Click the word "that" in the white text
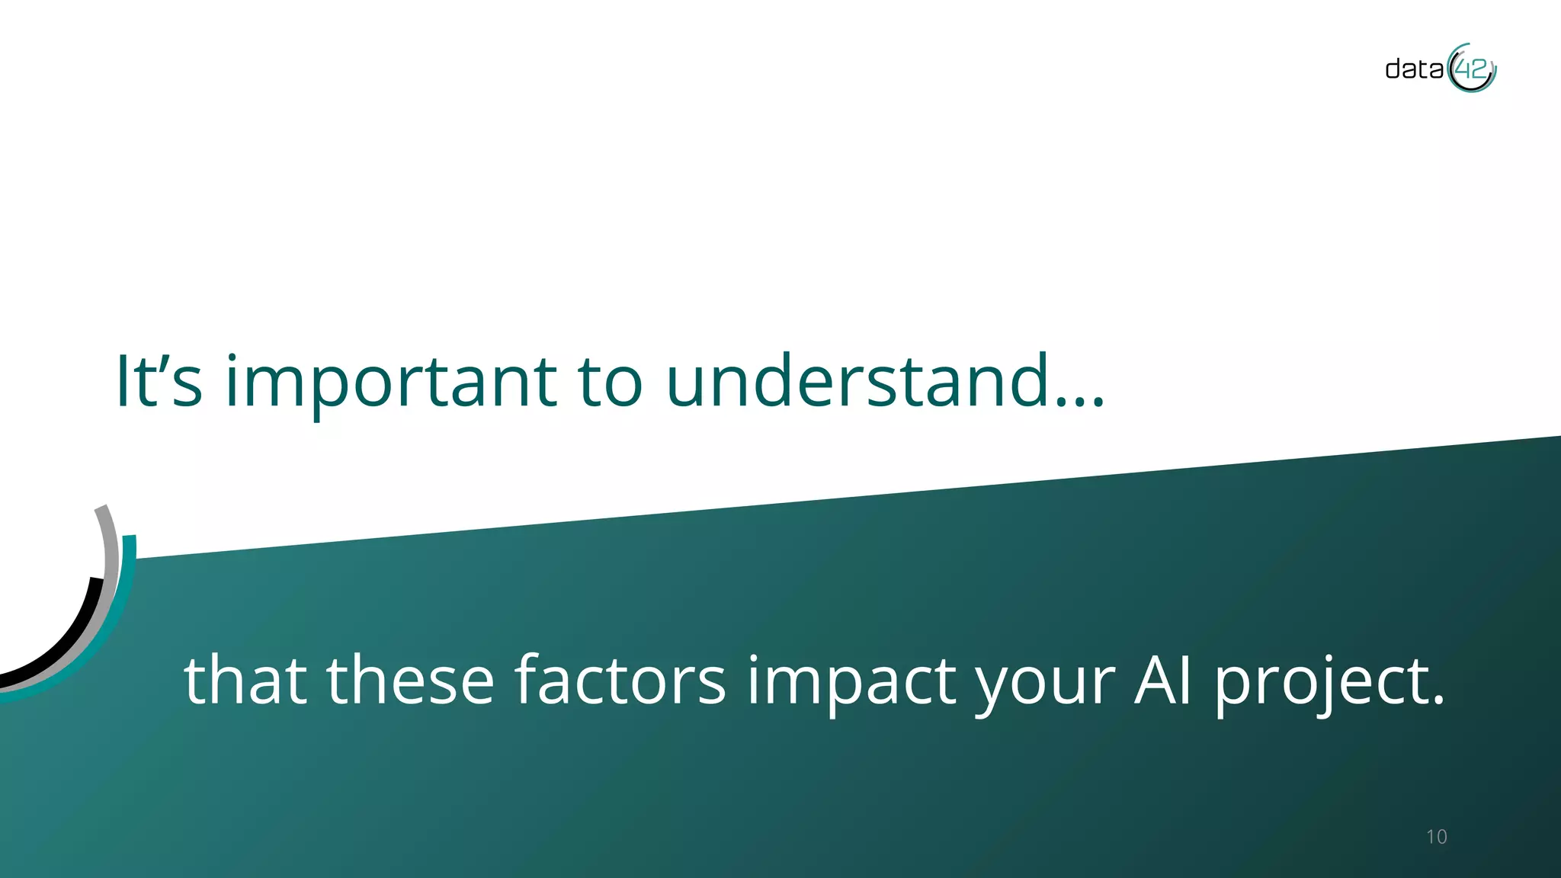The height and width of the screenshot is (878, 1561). pos(245,680)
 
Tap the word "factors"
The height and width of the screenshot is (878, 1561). pos(620,680)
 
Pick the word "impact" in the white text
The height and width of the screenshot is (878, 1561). pos(851,680)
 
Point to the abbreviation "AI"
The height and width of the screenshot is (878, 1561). pos(1163,680)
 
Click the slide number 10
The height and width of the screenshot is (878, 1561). pos(1436,837)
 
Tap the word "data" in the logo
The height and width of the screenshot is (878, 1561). pos(1414,69)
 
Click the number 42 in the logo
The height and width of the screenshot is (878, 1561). pos(1471,70)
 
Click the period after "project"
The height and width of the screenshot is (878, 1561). pos(1438,700)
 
